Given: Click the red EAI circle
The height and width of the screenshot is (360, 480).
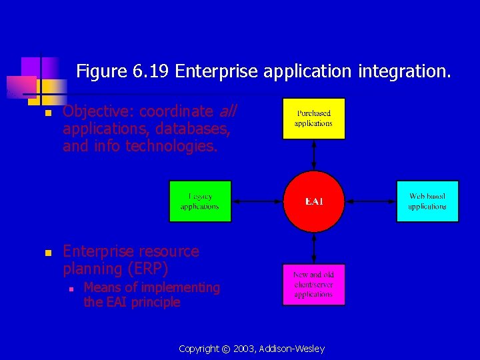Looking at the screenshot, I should coord(313,201).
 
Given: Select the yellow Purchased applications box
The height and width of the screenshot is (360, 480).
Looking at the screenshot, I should coord(313,119).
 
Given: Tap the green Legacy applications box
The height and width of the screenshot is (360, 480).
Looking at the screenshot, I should coord(200,201).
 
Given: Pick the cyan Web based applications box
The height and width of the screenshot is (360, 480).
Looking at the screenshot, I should coord(427,201).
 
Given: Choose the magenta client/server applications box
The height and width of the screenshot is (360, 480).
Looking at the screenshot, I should coord(313,285).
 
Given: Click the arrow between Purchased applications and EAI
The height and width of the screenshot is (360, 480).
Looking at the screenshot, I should coord(313,156).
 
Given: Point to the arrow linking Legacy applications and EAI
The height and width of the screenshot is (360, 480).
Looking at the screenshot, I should coord(257,201).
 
